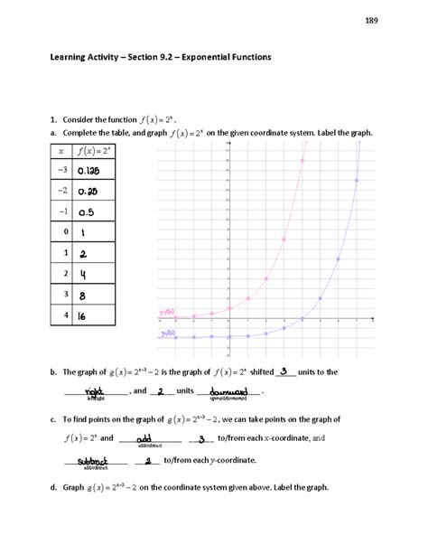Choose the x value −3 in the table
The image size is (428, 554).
tap(60, 170)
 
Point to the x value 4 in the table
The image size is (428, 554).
tap(61, 317)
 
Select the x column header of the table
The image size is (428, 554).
tap(60, 150)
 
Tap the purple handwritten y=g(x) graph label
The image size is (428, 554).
tap(167, 333)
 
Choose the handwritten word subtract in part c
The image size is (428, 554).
tap(93, 460)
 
